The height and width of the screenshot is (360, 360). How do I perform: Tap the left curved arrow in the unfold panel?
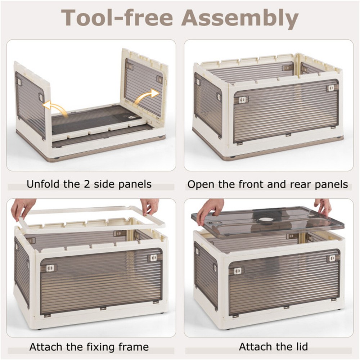(x=53, y=107)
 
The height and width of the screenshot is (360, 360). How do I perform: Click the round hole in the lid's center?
(x=266, y=219)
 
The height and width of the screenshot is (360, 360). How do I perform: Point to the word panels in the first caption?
(x=135, y=185)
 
